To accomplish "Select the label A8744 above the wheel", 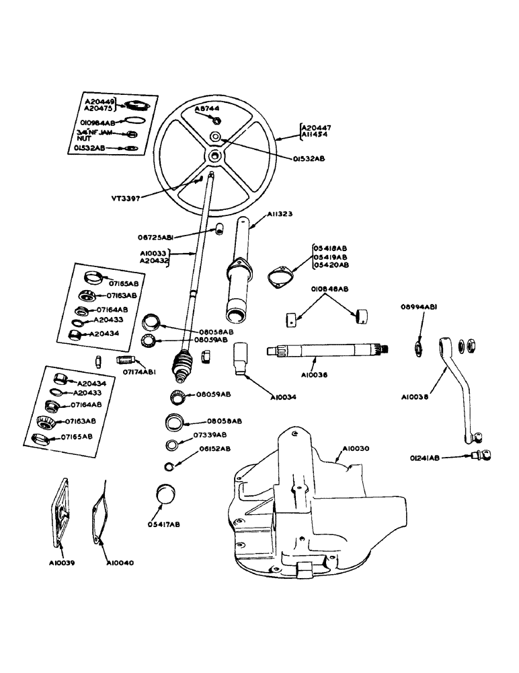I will coord(208,108).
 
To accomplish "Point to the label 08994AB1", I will coord(423,307).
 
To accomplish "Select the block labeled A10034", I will coord(242,357).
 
